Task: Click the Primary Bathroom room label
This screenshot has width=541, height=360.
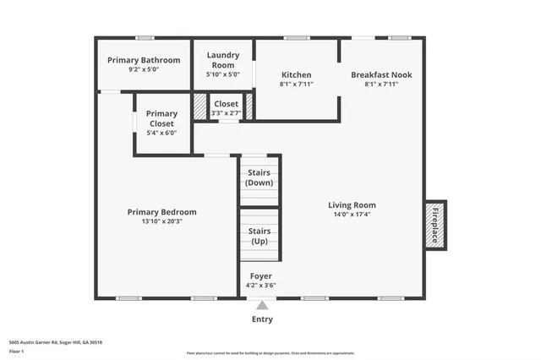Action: tap(144, 60)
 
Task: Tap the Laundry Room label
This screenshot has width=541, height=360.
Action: tap(223, 60)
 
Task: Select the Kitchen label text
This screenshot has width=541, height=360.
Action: tap(296, 74)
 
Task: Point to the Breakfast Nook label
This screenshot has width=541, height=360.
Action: tap(381, 74)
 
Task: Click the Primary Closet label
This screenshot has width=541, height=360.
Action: tap(161, 118)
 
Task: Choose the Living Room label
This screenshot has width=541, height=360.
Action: tap(352, 205)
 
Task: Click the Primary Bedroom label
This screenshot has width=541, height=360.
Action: tap(161, 212)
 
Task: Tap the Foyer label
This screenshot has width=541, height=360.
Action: tap(260, 275)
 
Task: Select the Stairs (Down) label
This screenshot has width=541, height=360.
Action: tap(259, 178)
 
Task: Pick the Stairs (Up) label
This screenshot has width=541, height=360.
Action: tap(259, 236)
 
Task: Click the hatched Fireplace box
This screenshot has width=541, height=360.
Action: tap(435, 224)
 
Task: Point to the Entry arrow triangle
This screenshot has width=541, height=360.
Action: tap(262, 306)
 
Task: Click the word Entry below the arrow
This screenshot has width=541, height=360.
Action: tap(262, 319)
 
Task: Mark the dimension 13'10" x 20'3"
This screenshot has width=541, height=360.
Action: tap(161, 221)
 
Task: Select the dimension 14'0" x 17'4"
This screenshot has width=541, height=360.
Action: tap(352, 214)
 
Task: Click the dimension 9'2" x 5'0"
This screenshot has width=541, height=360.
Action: tap(144, 69)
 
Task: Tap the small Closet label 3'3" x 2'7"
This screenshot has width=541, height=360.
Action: tap(226, 108)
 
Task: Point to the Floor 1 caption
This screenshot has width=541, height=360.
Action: tap(17, 351)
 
